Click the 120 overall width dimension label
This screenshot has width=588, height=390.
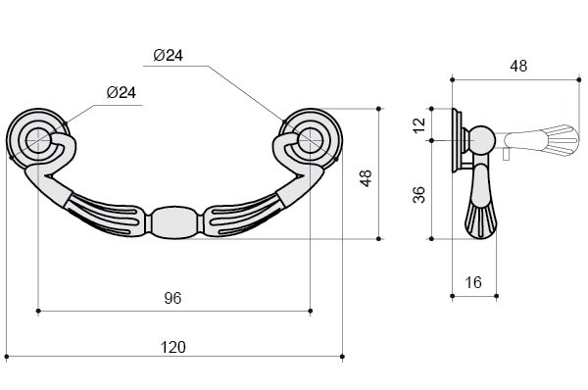click(172, 347)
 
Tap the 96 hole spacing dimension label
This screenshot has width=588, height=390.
click(172, 298)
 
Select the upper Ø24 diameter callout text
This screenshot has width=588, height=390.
click(168, 56)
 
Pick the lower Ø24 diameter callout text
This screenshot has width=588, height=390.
click(122, 92)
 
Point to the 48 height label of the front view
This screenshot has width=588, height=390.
click(366, 178)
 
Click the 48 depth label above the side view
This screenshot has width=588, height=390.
click(518, 66)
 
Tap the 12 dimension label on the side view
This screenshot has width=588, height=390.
click(420, 124)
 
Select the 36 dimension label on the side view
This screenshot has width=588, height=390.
click(418, 195)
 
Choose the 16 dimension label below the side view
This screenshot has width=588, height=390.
click(473, 282)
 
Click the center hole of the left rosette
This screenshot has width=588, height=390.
click(38, 141)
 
